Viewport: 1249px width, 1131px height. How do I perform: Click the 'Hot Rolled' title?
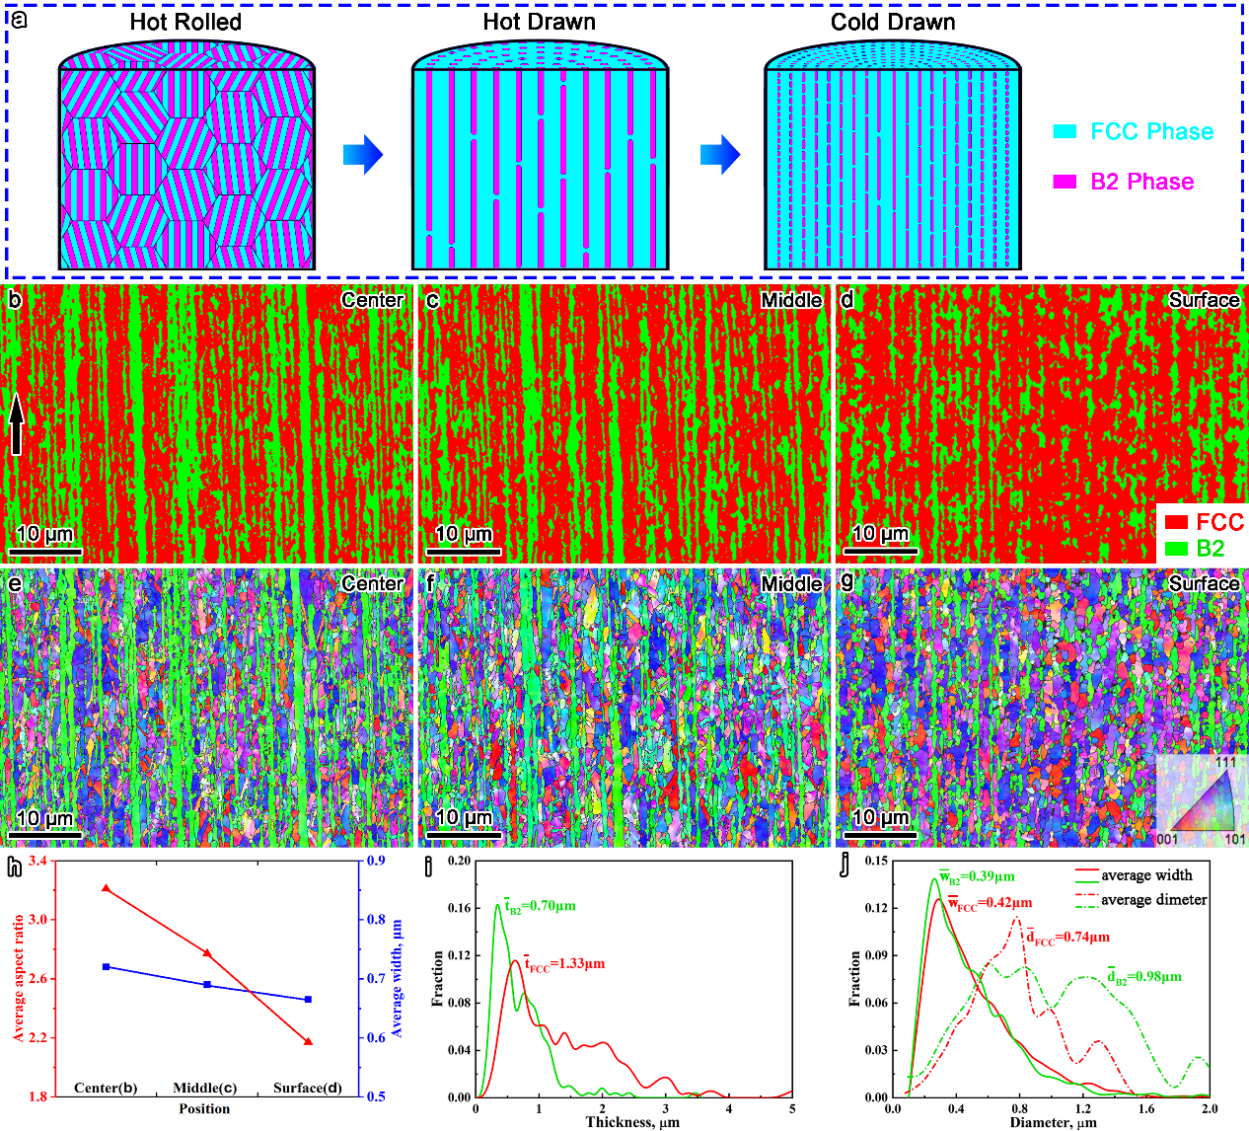[x=185, y=22]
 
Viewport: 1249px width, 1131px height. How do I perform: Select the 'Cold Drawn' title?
[x=893, y=22]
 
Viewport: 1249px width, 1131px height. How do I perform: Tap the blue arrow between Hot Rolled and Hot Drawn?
[x=361, y=155]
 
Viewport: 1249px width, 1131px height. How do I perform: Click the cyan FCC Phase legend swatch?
[x=1065, y=132]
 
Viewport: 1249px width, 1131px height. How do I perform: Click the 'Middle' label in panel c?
[x=791, y=300]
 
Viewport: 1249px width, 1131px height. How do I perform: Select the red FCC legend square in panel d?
[x=1175, y=522]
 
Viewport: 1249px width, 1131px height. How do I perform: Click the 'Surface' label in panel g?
[x=1204, y=584]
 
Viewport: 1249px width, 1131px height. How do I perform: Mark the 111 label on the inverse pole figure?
[x=1225, y=763]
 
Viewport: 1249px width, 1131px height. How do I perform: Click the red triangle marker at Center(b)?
[x=106, y=889]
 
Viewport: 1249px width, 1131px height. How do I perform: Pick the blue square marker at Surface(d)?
[x=308, y=1000]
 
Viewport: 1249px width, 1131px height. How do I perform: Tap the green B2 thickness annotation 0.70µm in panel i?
[x=540, y=905]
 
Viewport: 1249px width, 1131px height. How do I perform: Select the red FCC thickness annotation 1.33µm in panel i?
[x=564, y=964]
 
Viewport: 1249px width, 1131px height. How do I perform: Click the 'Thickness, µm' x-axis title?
[x=631, y=1122]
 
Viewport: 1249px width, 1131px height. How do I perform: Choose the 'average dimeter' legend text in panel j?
[x=1153, y=899]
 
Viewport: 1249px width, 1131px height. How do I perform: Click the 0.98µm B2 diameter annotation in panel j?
[x=1143, y=977]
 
